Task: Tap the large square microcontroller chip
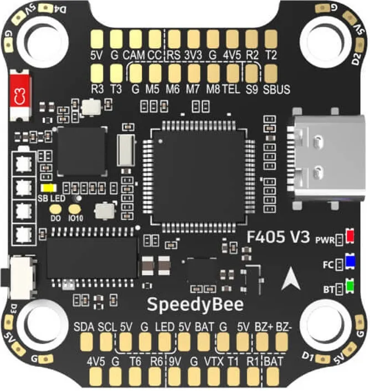[199, 177]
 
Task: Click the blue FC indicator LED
[350, 261]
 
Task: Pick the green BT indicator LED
[350, 286]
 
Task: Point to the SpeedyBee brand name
[195, 305]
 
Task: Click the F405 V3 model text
[278, 236]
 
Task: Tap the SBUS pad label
[276, 89]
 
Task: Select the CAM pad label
[133, 55]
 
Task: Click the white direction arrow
[290, 279]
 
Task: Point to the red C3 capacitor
[20, 95]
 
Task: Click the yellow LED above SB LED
[49, 188]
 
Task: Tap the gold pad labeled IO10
[75, 209]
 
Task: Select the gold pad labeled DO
[55, 209]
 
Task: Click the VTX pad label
[214, 362]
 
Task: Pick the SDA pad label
[84, 327]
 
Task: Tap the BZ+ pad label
[264, 327]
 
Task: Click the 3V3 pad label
[193, 55]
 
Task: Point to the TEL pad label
[231, 89]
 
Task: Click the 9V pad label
[175, 362]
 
